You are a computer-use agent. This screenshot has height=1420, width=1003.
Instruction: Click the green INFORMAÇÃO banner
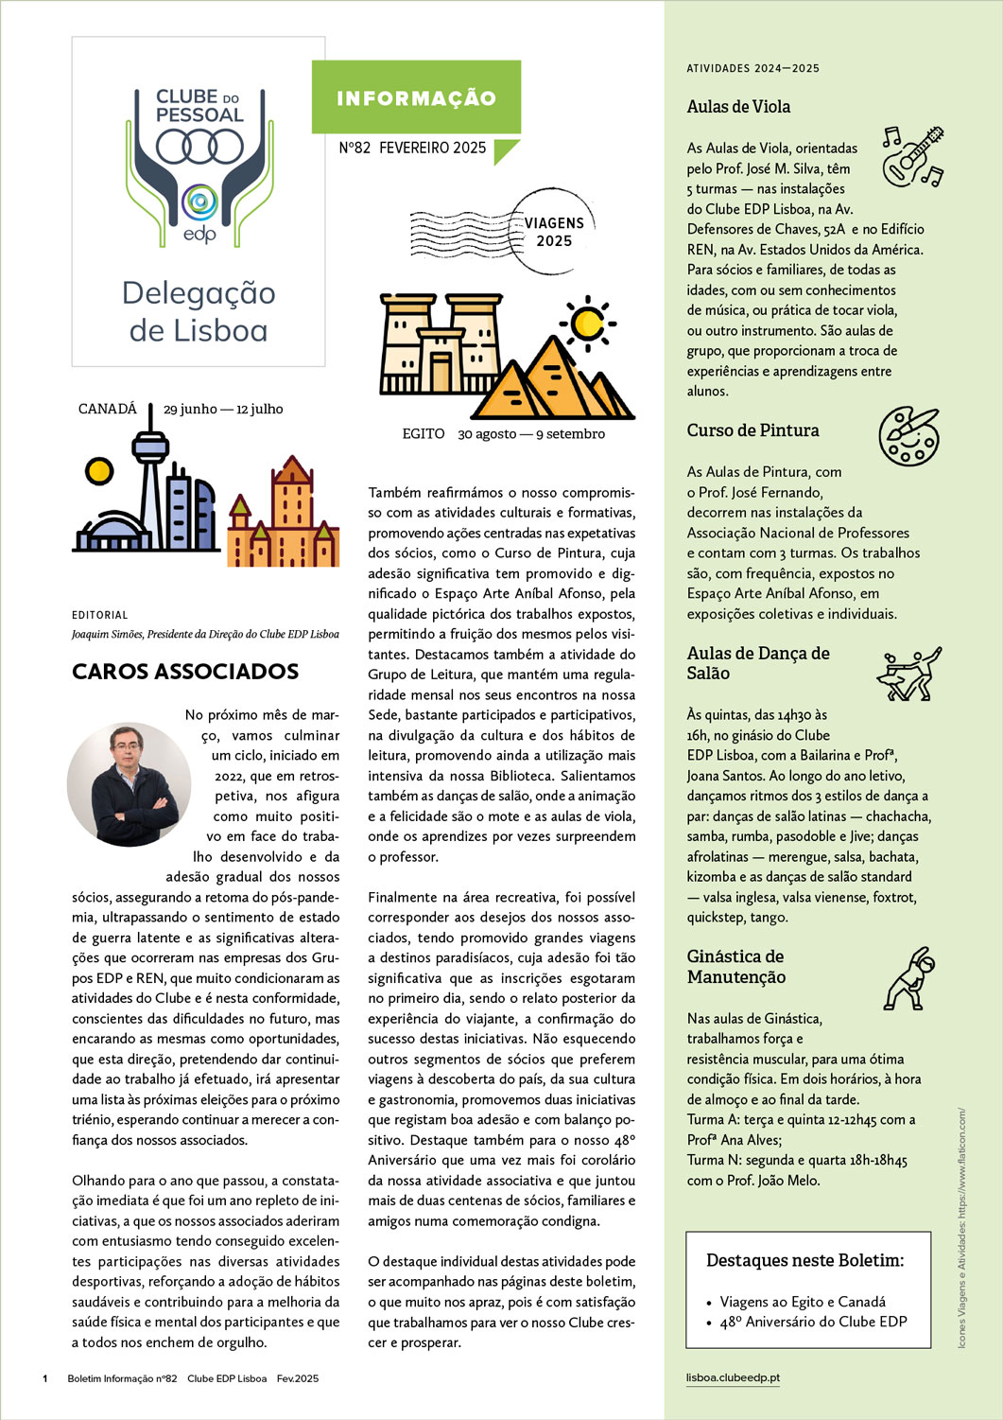coord(416,98)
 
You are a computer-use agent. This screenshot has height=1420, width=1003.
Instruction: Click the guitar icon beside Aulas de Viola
coord(912,155)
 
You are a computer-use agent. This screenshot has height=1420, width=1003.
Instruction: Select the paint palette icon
coord(908,436)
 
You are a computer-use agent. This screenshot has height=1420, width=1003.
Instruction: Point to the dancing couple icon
coord(908,673)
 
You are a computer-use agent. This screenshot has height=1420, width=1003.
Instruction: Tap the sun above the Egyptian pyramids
coord(587,324)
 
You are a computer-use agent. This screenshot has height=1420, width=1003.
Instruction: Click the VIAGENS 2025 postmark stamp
coord(553,231)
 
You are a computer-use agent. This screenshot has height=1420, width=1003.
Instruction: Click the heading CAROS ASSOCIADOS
coord(185,672)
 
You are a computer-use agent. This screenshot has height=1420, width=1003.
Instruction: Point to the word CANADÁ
coord(108,409)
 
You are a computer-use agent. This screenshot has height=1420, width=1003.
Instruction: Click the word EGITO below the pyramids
coord(423,433)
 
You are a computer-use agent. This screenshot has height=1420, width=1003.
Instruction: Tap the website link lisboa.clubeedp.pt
coord(733,1377)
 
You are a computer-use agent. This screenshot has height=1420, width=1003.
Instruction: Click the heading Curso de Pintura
coord(752,430)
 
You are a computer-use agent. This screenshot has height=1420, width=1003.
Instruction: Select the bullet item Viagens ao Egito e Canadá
coord(803,1302)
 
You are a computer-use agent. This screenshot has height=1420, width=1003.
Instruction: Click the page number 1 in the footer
coord(45,1378)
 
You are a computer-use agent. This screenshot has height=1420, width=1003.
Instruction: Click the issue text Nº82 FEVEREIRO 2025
coord(412,148)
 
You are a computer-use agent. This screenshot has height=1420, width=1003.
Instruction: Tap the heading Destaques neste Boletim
coord(804,1260)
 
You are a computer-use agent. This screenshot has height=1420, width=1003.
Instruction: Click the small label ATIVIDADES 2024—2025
coord(752,68)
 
